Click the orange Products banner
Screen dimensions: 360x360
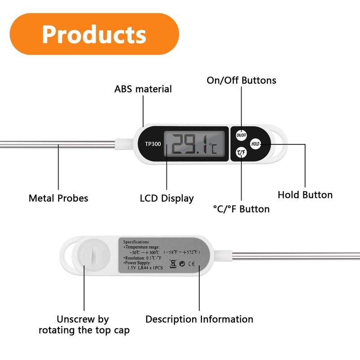point(94,34)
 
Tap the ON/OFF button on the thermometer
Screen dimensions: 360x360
point(241,135)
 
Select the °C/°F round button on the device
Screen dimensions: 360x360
point(241,153)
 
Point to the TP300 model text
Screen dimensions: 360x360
point(152,144)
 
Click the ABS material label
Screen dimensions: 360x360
point(143,89)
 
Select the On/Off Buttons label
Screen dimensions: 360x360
point(241,81)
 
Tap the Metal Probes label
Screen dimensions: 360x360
point(58,198)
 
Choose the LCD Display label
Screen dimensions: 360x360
point(167,198)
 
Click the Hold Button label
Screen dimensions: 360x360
point(305,195)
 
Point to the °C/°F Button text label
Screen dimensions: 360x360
point(241,209)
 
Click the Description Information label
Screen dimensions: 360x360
point(199,319)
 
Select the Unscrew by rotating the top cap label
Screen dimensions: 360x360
point(84,325)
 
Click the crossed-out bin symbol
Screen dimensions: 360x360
point(173,264)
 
